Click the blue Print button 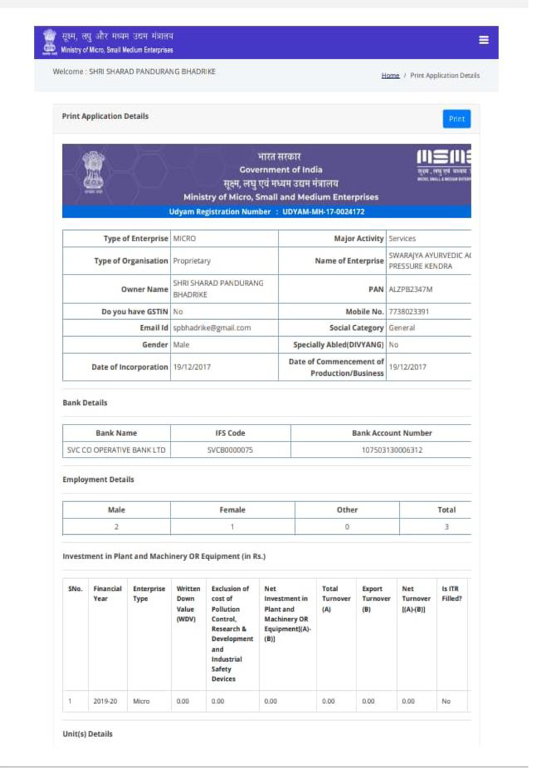(456, 119)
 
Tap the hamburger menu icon (484, 41)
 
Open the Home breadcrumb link (390, 76)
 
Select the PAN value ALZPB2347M (410, 289)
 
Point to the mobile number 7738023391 (410, 312)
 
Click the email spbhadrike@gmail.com (212, 328)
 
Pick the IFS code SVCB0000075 (230, 450)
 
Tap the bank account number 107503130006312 (392, 450)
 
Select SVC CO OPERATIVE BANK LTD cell (116, 450)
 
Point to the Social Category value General (402, 328)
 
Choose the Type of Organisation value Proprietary (192, 260)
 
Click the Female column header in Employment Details (232, 510)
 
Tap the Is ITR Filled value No (446, 702)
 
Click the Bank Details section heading (85, 403)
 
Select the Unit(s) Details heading (87, 733)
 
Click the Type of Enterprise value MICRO (184, 239)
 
